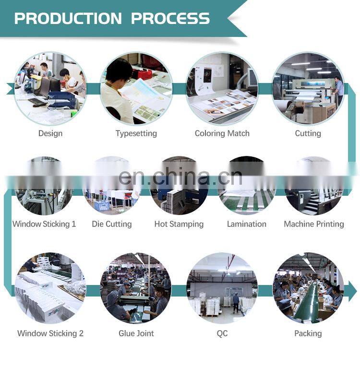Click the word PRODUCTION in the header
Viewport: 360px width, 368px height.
68,18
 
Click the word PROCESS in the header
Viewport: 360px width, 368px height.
170,18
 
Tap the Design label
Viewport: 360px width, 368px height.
50,133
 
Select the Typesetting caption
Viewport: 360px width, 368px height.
136,133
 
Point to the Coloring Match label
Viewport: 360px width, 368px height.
222,133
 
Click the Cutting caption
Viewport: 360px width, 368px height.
308,133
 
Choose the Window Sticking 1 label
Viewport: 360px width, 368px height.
44,224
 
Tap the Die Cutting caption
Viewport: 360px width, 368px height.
111,224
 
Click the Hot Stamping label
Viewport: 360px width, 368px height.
179,224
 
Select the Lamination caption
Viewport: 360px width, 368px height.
246,224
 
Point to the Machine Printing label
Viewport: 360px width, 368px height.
313,224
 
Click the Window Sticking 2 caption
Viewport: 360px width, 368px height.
50,333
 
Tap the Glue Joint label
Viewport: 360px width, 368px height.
136,333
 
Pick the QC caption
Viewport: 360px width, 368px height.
222,333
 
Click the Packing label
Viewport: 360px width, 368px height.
308,333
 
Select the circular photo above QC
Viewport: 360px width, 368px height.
222,288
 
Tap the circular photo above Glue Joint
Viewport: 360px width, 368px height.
136,288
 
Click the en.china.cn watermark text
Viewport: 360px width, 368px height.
180,177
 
